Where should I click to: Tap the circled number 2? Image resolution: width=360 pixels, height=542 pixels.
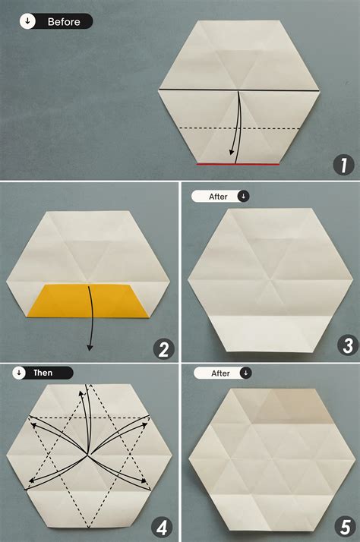point(163,349)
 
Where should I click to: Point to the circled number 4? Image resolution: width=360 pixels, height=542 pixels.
point(163,526)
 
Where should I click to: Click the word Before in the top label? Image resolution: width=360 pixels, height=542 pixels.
point(64,22)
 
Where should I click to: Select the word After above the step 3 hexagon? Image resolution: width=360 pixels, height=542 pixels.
point(219,196)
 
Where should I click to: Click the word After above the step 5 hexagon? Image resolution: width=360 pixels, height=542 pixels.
point(219,373)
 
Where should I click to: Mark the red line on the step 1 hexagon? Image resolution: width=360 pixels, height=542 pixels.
point(238,163)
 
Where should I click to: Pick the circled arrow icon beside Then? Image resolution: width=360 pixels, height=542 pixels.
point(18,373)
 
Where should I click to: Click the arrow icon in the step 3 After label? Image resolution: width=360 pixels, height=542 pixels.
point(243,196)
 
